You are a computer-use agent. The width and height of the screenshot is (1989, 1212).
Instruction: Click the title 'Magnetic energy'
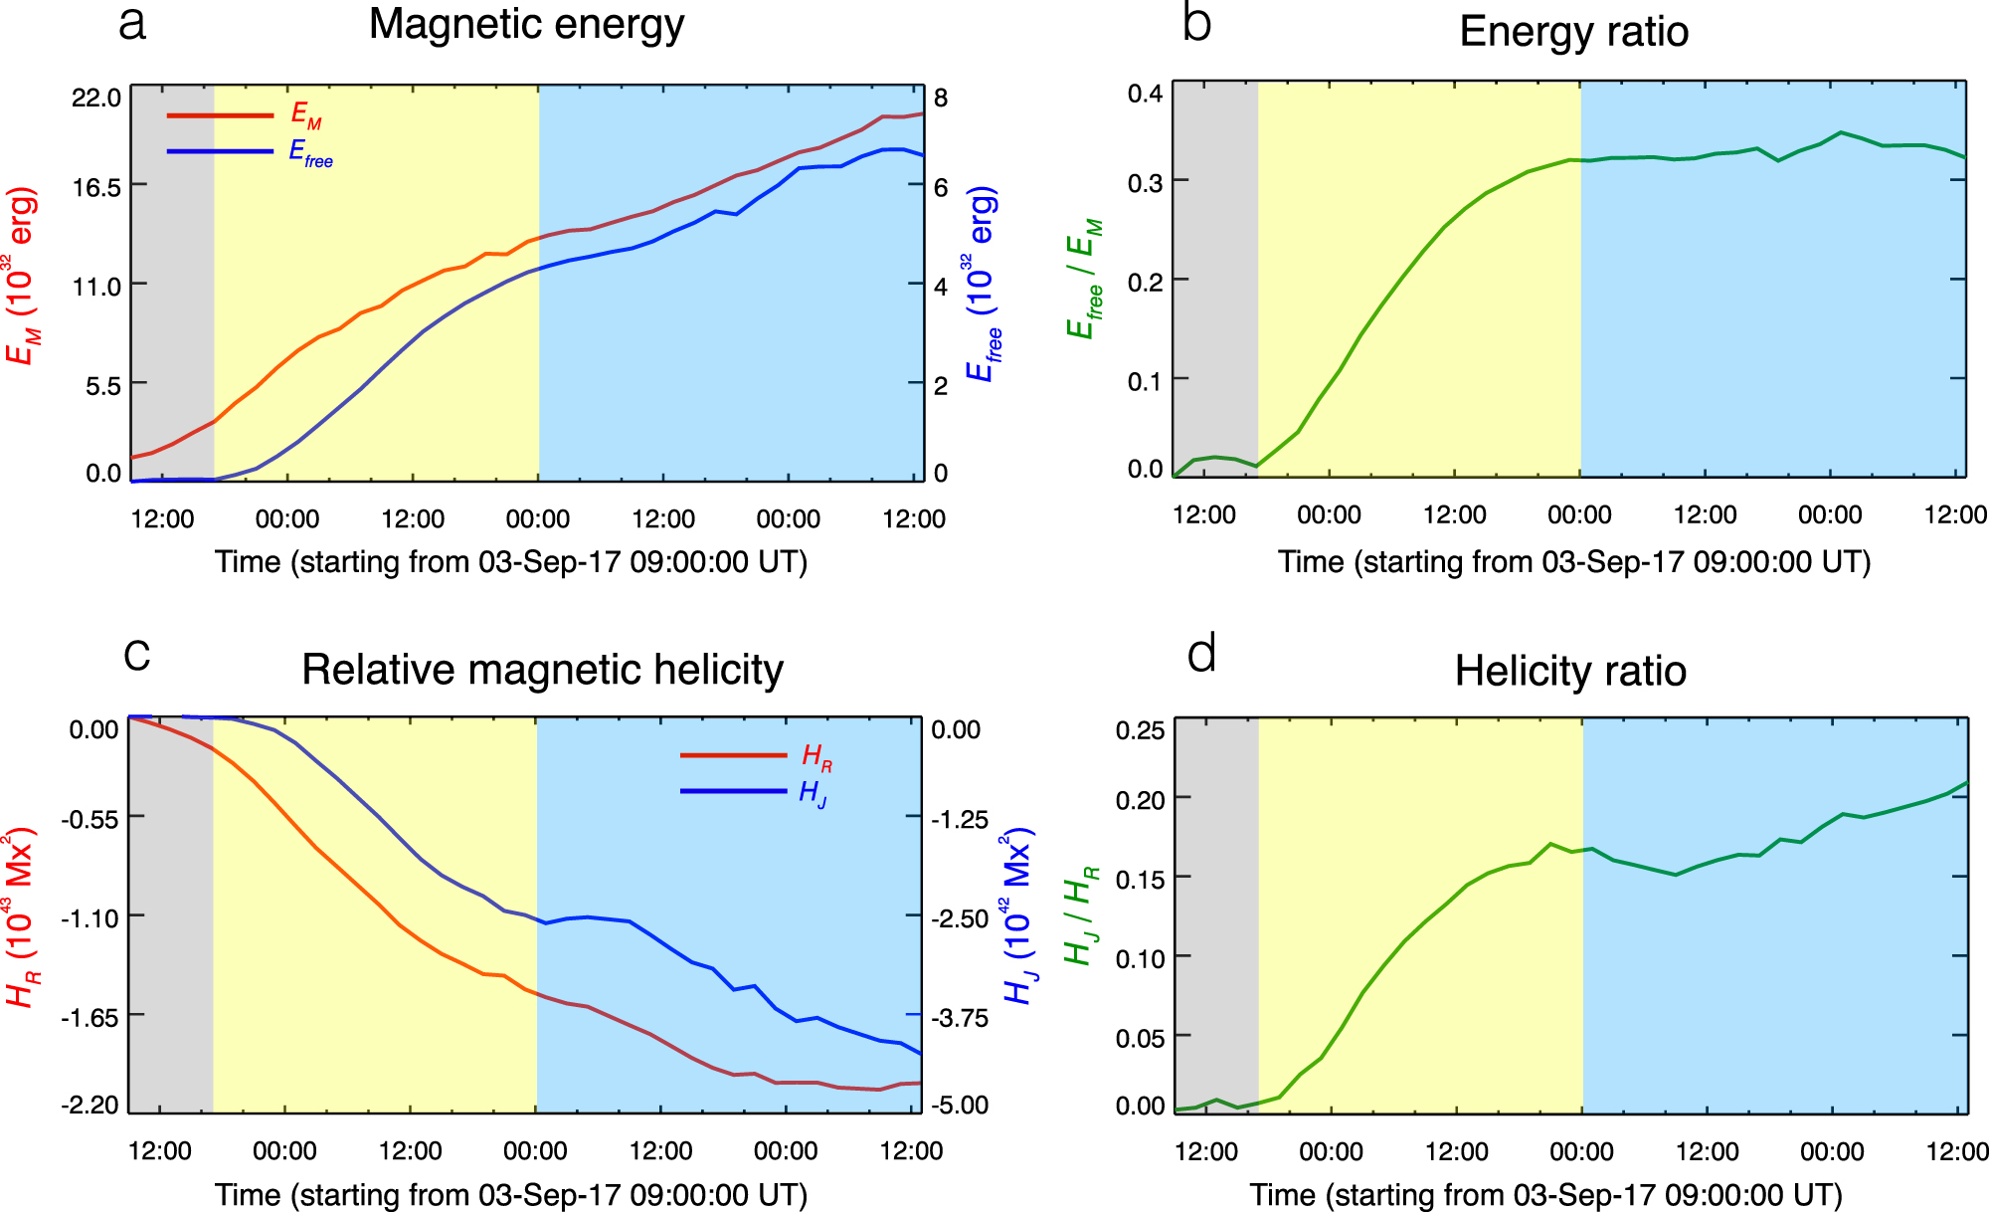pos(526,24)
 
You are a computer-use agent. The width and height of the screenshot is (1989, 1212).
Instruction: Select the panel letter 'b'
pos(1196,24)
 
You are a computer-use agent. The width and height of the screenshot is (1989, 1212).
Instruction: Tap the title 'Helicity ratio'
pos(1570,671)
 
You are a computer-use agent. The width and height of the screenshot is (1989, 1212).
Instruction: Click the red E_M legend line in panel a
pos(220,115)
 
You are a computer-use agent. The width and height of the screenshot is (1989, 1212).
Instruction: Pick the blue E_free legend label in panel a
pos(310,153)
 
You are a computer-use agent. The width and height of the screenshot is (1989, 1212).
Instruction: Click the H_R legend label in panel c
pos(816,758)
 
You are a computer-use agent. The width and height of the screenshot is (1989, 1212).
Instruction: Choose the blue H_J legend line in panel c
pos(733,791)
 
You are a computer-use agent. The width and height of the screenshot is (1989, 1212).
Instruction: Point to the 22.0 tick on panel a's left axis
pos(96,98)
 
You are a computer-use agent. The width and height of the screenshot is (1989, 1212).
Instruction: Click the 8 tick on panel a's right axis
pos(941,98)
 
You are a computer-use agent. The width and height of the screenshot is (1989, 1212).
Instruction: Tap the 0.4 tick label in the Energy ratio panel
pos(1145,95)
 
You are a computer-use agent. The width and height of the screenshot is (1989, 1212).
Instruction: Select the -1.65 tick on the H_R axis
pos(90,1017)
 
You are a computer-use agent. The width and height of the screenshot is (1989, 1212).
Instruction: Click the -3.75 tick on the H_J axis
pos(959,1017)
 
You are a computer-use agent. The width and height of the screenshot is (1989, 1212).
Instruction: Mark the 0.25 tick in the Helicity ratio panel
pos(1140,730)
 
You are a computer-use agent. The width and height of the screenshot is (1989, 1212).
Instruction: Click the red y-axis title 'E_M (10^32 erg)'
pos(22,276)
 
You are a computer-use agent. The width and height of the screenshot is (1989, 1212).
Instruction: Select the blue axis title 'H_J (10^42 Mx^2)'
pos(1016,915)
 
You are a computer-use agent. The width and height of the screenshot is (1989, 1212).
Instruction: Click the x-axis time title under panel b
pos(1573,562)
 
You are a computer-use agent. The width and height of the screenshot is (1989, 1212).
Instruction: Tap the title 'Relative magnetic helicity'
pos(542,670)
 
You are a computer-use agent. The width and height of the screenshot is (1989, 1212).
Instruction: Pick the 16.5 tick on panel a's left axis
pos(96,187)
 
